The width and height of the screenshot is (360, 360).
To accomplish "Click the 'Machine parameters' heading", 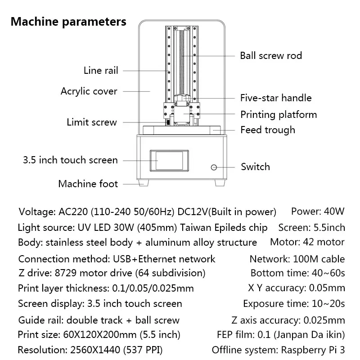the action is [x=68, y=22].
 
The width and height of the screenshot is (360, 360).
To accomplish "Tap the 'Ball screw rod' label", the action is [x=271, y=56].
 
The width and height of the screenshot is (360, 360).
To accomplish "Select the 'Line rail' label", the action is [x=101, y=71].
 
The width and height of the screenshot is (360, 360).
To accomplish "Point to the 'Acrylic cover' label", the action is [x=89, y=92].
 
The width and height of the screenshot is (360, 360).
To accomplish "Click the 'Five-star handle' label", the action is [x=276, y=98].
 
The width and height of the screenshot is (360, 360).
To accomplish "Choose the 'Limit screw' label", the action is [x=92, y=122].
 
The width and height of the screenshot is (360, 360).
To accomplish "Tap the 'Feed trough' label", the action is [x=268, y=130].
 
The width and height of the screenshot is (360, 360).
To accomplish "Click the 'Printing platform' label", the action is [x=279, y=115].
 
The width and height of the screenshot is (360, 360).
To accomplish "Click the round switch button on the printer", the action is [x=214, y=167].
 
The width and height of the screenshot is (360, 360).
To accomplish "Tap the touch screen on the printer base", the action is [x=169, y=161].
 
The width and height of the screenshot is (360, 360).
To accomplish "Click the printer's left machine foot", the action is [x=144, y=183].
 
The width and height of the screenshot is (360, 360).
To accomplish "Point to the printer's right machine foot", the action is [x=220, y=183].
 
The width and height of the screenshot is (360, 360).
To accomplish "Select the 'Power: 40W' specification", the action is [x=318, y=211].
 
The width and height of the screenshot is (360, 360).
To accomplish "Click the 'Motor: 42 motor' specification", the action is [x=307, y=242].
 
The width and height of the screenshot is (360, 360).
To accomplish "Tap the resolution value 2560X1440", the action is [x=95, y=350].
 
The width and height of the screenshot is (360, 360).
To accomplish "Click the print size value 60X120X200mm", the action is [x=100, y=335].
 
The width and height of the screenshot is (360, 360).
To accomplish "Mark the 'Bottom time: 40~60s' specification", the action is [x=298, y=273].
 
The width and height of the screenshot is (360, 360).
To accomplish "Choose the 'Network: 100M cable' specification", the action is [x=297, y=259].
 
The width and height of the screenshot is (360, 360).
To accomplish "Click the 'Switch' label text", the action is [x=255, y=167].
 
